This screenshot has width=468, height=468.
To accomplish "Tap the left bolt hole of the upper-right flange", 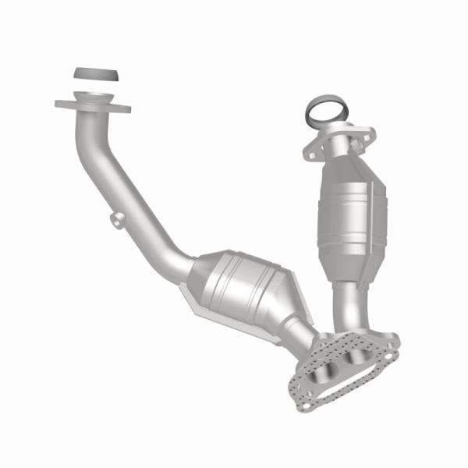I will (311, 154).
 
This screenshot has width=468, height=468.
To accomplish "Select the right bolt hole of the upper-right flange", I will (367, 134).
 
